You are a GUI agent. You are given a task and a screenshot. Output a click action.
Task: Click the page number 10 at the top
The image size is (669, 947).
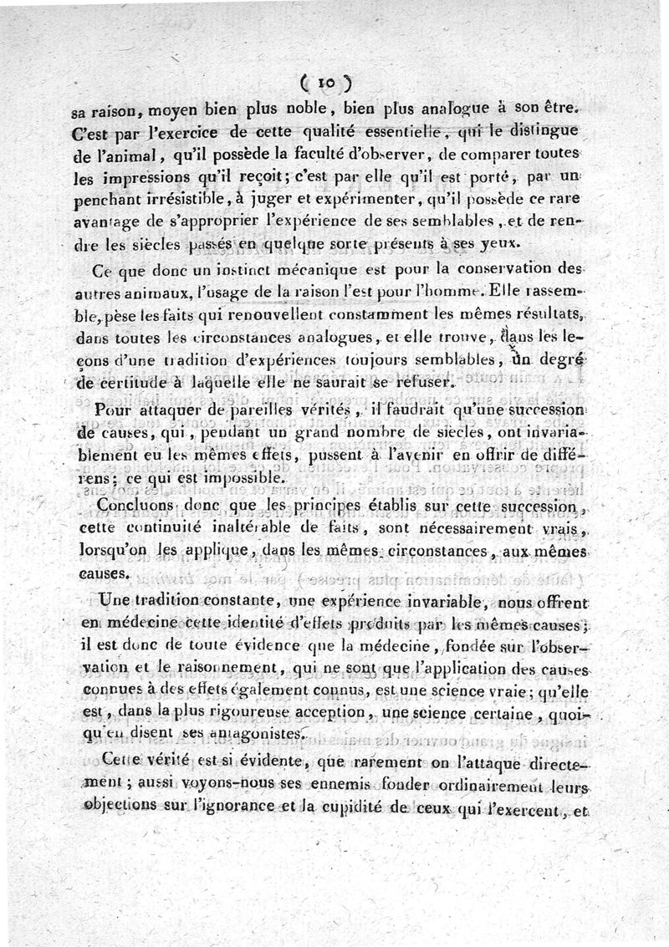[324, 83]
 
